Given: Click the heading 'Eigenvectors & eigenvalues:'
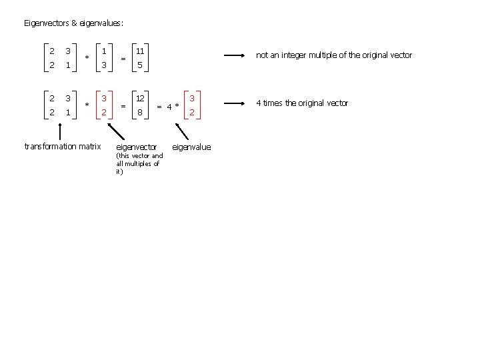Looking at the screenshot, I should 73,23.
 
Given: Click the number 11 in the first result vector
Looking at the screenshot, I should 140,51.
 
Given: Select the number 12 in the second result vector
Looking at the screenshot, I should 140,98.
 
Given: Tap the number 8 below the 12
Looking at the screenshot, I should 140,113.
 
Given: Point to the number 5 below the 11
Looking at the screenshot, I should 140,65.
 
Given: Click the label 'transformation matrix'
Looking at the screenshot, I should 62,146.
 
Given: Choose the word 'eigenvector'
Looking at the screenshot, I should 137,147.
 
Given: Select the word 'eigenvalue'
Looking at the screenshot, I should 191,147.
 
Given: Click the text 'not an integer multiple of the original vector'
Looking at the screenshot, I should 334,55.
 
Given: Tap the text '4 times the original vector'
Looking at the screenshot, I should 303,103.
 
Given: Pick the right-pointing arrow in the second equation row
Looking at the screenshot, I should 235,103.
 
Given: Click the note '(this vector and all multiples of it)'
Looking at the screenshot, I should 139,163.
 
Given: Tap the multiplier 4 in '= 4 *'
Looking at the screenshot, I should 170,106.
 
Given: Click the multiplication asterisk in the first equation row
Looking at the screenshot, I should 87,58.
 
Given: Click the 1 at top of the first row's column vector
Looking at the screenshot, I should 104,51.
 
